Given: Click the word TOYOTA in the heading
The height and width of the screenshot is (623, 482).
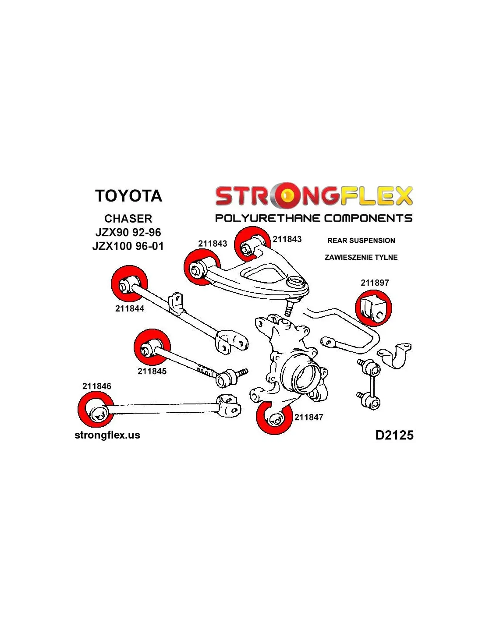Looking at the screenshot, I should coord(128,196).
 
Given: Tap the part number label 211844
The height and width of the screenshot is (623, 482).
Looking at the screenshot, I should coord(129,308).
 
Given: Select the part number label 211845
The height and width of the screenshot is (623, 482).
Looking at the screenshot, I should coord(152,371).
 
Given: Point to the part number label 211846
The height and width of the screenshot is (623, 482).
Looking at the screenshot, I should coord(96,386).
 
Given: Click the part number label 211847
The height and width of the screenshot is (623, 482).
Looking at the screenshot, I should coord(308,417).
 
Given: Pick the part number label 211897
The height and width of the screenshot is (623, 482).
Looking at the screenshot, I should coord(375,283).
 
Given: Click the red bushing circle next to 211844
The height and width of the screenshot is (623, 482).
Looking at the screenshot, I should coord(129,283).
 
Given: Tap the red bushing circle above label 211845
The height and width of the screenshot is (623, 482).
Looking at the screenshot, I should coord(152,347).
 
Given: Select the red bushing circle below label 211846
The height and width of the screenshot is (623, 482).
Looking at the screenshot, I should coord(96,410).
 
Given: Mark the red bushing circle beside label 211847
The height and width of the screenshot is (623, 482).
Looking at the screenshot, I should coord(274,417).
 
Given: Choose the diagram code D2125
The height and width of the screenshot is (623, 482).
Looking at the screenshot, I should coord(394,435).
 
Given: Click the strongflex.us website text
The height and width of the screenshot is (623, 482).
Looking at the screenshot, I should coord(107,435).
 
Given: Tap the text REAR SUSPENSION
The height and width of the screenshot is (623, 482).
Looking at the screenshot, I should coord(361,241).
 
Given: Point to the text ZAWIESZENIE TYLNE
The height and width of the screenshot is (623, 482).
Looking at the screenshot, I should coord(361,257).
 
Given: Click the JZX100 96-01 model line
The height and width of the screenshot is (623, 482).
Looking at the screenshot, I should coord(128,246).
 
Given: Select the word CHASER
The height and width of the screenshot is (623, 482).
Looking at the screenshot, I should coord(128,219).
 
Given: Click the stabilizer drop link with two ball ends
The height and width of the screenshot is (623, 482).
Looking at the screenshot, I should coord(369,384).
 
